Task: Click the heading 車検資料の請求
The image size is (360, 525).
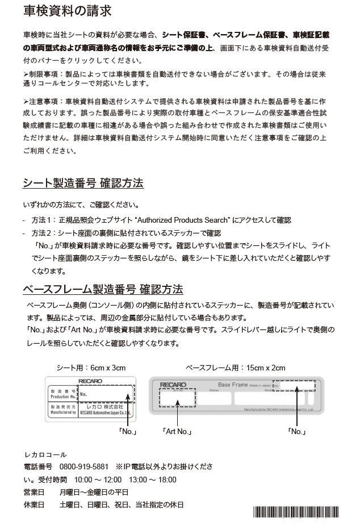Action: [x=67, y=11]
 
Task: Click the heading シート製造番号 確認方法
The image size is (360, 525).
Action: [x=83, y=183]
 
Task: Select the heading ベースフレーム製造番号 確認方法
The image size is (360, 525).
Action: [x=102, y=289]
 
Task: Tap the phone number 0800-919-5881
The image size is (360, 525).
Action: [x=83, y=466]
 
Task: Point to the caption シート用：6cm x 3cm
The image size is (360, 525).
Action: [x=91, y=368]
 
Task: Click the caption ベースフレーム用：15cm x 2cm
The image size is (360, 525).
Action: [x=235, y=368]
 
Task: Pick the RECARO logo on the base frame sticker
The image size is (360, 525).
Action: [x=173, y=385]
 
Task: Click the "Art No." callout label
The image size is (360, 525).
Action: [x=177, y=432]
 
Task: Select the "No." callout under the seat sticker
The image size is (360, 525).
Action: [x=128, y=432]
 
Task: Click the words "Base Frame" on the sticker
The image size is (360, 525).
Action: [x=233, y=385]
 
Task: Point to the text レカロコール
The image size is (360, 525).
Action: [x=45, y=455]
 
